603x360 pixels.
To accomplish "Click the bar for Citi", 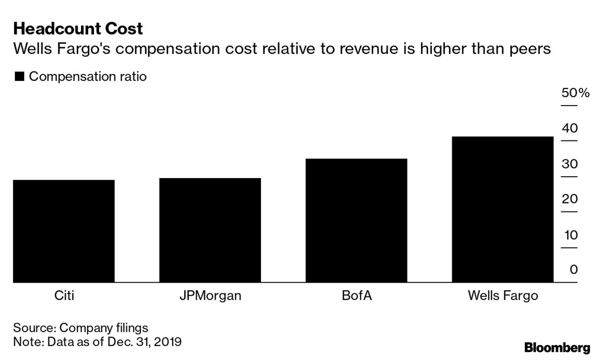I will pos(64,231).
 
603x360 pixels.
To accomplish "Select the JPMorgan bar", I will pos(210,230).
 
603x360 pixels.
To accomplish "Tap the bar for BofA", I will pos(356,220).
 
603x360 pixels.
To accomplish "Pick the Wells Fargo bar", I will pos(502,209).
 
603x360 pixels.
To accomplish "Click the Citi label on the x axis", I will pos(64,296).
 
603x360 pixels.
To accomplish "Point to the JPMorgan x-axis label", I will pos(210,296).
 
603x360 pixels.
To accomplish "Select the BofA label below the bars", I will pos(356,296).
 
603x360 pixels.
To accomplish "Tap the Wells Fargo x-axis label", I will pos(503,296).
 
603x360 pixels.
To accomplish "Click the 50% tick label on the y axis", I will pos(575,93).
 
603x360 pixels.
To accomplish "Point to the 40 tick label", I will pos(570,128).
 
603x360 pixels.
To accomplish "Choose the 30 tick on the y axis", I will pos(570,164).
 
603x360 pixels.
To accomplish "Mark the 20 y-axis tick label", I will pos(570,199).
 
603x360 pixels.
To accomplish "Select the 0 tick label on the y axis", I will pos(574,270).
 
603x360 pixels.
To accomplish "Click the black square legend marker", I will pos(20,77).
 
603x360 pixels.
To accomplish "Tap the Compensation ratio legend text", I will pos(88,77).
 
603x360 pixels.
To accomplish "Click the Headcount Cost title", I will pos(78,29).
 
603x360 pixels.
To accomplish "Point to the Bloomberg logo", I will pos(557,348).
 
